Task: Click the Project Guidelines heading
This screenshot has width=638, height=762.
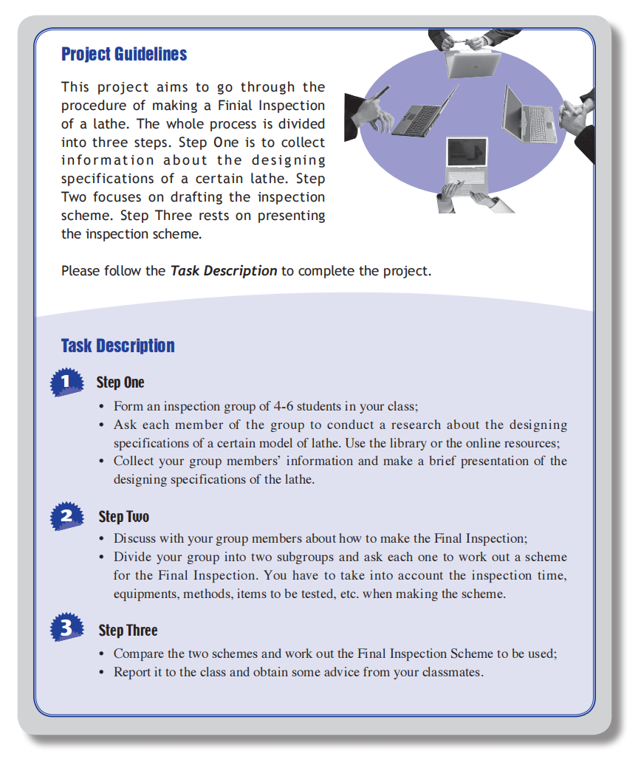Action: pyautogui.click(x=124, y=54)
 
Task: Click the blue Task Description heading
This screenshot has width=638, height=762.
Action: pyautogui.click(x=118, y=346)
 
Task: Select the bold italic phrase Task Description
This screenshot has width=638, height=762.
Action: pyautogui.click(x=224, y=271)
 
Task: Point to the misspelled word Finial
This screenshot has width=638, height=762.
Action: pyautogui.click(x=269, y=106)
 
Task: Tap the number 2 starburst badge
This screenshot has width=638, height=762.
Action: pyautogui.click(x=66, y=516)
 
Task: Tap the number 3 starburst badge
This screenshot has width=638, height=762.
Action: pyautogui.click(x=66, y=629)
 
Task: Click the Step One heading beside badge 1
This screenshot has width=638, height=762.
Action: pyautogui.click(x=120, y=382)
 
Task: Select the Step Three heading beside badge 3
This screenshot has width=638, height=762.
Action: pyautogui.click(x=128, y=630)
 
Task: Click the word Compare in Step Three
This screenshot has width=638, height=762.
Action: pyautogui.click(x=138, y=653)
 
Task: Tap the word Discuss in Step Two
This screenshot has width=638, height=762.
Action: pyautogui.click(x=135, y=538)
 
